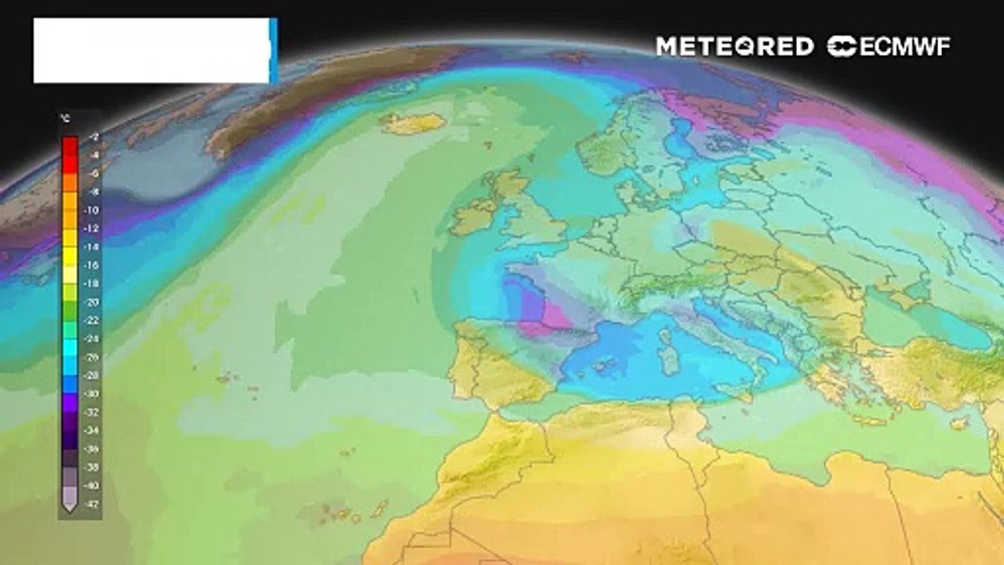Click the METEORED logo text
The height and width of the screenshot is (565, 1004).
click(x=734, y=46)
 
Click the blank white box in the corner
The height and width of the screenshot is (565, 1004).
click(x=152, y=50)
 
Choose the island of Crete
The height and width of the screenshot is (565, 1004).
click(x=871, y=421)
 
